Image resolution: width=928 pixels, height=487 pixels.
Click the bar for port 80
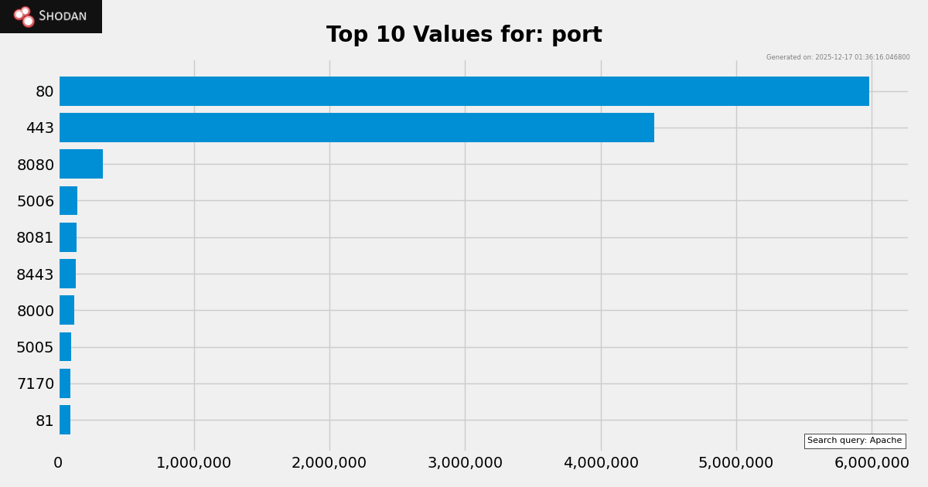(x=464, y=91)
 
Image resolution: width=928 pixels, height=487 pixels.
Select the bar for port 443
(x=357, y=128)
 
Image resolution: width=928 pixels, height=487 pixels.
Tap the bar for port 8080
(x=81, y=164)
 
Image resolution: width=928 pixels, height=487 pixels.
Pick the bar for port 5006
(x=69, y=201)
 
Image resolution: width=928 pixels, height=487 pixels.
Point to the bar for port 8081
(x=68, y=237)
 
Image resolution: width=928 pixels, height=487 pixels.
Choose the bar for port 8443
(x=68, y=274)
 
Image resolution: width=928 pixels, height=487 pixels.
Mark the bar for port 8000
(x=67, y=310)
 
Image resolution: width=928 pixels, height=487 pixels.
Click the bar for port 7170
(x=65, y=383)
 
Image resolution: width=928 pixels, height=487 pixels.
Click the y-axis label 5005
(x=35, y=347)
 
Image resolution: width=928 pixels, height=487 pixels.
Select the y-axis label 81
(x=44, y=421)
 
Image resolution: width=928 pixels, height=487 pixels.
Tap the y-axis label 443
(x=39, y=128)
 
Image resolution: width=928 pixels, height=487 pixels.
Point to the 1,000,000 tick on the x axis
(x=193, y=463)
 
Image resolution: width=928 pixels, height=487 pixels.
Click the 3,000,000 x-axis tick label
(x=464, y=463)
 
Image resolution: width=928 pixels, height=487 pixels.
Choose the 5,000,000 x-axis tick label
(x=735, y=463)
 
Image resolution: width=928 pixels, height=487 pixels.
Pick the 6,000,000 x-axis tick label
(x=871, y=463)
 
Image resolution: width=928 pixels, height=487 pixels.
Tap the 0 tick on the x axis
(x=58, y=463)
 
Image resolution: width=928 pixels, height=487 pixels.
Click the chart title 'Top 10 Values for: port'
(x=464, y=35)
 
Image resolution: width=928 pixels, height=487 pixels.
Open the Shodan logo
(x=51, y=16)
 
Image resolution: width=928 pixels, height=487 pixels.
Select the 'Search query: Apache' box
(x=855, y=441)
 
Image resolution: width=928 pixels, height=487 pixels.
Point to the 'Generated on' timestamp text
(x=838, y=57)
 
